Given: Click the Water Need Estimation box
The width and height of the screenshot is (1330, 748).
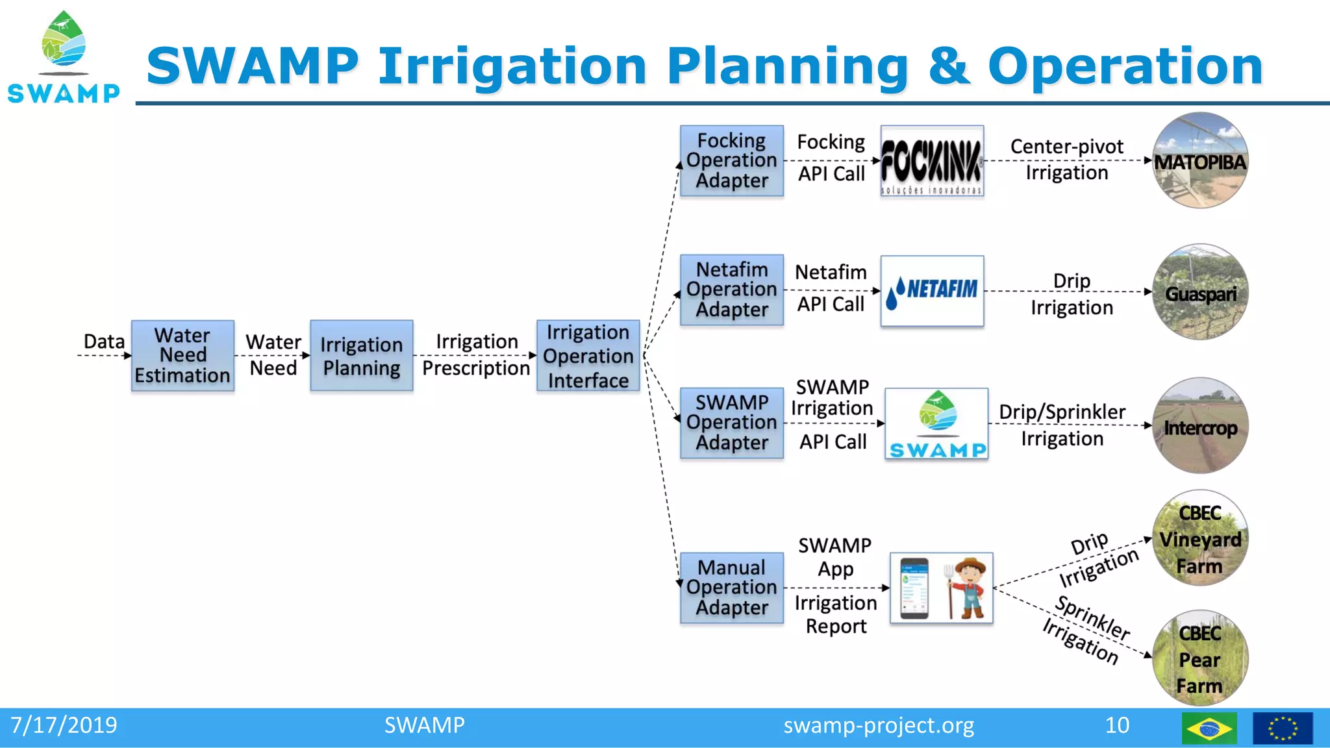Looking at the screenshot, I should pyautogui.click(x=182, y=355).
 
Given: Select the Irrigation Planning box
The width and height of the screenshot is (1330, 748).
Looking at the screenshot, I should pyautogui.click(x=361, y=355).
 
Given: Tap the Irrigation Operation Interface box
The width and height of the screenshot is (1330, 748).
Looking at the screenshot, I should pyautogui.click(x=588, y=355).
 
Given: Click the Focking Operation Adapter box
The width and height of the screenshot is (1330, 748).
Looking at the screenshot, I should pyautogui.click(x=731, y=160).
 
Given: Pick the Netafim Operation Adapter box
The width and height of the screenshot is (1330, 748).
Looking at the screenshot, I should pyautogui.click(x=731, y=290).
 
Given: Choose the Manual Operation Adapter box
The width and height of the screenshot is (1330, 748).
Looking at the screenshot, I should pyautogui.click(x=731, y=588).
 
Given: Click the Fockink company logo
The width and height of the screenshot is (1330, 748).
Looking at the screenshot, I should pyautogui.click(x=931, y=161).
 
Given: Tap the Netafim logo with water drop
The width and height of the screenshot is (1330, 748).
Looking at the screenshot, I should pyautogui.click(x=931, y=291).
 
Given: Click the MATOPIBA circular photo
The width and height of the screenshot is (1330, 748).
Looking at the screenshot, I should pyautogui.click(x=1199, y=160).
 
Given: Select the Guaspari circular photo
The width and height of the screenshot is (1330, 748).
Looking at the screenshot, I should pyautogui.click(x=1199, y=292).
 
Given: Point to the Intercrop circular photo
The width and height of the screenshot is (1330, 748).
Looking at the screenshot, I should pyautogui.click(x=1199, y=425).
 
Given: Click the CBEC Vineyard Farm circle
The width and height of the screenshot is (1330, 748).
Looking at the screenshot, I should pyautogui.click(x=1199, y=538).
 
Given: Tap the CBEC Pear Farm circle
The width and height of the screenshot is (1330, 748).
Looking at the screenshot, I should pyautogui.click(x=1199, y=658).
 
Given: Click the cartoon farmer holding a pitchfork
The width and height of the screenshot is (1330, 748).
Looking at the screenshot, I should pyautogui.click(x=967, y=588).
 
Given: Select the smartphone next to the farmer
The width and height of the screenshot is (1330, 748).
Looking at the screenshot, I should pyautogui.click(x=914, y=588).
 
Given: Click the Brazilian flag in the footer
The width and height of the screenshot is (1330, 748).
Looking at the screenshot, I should pyautogui.click(x=1209, y=728).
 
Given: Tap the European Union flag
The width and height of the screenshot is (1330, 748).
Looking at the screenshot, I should pyautogui.click(x=1282, y=728).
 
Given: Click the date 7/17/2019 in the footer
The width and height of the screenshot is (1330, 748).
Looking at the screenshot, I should pyautogui.click(x=64, y=725).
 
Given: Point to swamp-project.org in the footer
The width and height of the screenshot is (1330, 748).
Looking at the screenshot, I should pyautogui.click(x=878, y=725).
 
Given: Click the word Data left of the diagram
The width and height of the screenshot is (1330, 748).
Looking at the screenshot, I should pyautogui.click(x=104, y=342).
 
